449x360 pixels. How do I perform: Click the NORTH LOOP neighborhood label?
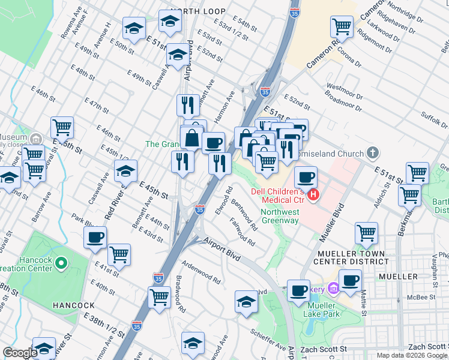[x=197, y=11]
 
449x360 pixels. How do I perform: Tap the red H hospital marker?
[x=313, y=194]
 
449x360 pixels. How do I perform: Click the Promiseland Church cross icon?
[x=373, y=153]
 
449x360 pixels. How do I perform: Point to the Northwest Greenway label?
[x=280, y=216]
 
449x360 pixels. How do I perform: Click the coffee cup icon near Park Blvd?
[x=95, y=238]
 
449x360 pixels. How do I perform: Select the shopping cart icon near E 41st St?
[x=119, y=254]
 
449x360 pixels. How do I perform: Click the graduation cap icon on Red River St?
[x=125, y=171]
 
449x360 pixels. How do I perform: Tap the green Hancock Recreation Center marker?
[x=61, y=263]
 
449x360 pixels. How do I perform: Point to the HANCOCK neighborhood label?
[x=73, y=305]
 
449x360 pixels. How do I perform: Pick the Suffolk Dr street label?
[x=434, y=119]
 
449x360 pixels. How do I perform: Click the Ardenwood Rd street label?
[x=201, y=272]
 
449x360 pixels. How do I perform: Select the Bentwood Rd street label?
[x=245, y=216]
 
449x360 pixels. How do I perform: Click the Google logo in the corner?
[x=20, y=353]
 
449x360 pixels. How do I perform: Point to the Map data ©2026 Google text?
[x=412, y=355]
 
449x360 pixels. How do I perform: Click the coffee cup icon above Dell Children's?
[x=306, y=178]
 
